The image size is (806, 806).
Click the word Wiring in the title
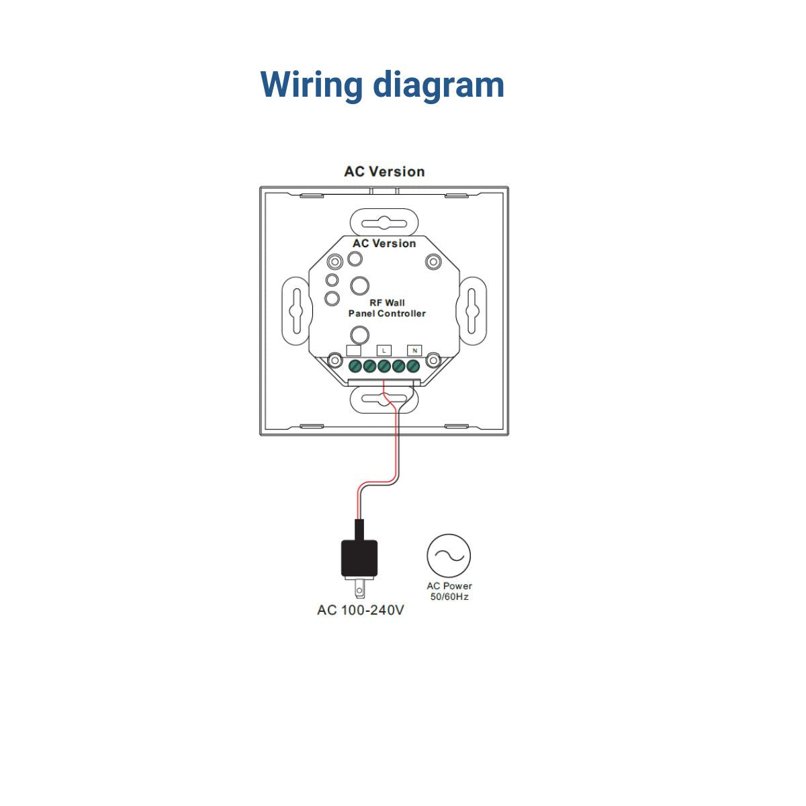click(311, 86)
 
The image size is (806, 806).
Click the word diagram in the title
click(439, 86)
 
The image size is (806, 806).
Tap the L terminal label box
click(384, 351)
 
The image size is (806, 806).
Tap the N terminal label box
click(414, 351)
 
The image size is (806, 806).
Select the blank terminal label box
click(354, 351)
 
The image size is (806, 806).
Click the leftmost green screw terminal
click(355, 367)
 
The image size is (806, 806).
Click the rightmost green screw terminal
click(413, 367)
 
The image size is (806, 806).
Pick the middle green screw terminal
click(384, 367)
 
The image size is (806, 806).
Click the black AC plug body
click(359, 558)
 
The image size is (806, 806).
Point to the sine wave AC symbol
click(449, 555)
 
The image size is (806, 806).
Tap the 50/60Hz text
click(449, 597)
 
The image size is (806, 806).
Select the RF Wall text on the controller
click(387, 303)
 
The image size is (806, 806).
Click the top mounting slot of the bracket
click(384, 224)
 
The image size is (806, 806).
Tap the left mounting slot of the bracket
click(297, 311)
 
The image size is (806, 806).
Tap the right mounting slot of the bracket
click(472, 311)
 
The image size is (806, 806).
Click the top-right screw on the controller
click(433, 262)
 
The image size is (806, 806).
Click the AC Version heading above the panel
click(384, 172)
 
